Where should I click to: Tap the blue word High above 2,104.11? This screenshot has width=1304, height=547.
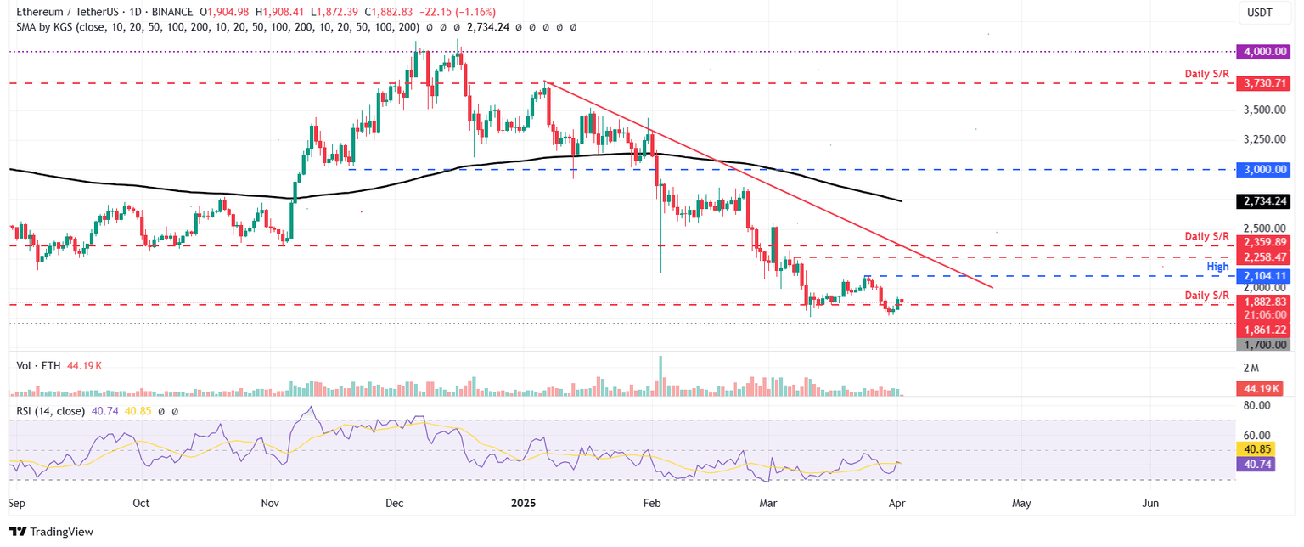[1217, 266]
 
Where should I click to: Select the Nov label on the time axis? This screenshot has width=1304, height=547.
[270, 503]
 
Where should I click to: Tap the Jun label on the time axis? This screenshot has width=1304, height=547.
[1150, 503]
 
